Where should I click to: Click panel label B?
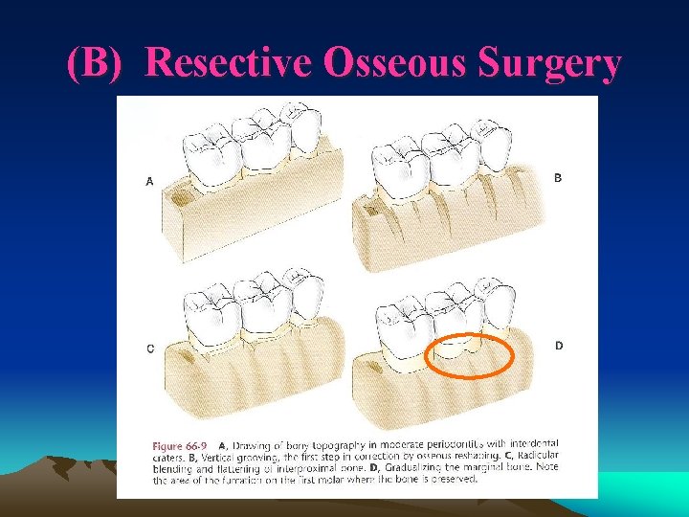(559, 177)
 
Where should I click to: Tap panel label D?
(559, 346)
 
